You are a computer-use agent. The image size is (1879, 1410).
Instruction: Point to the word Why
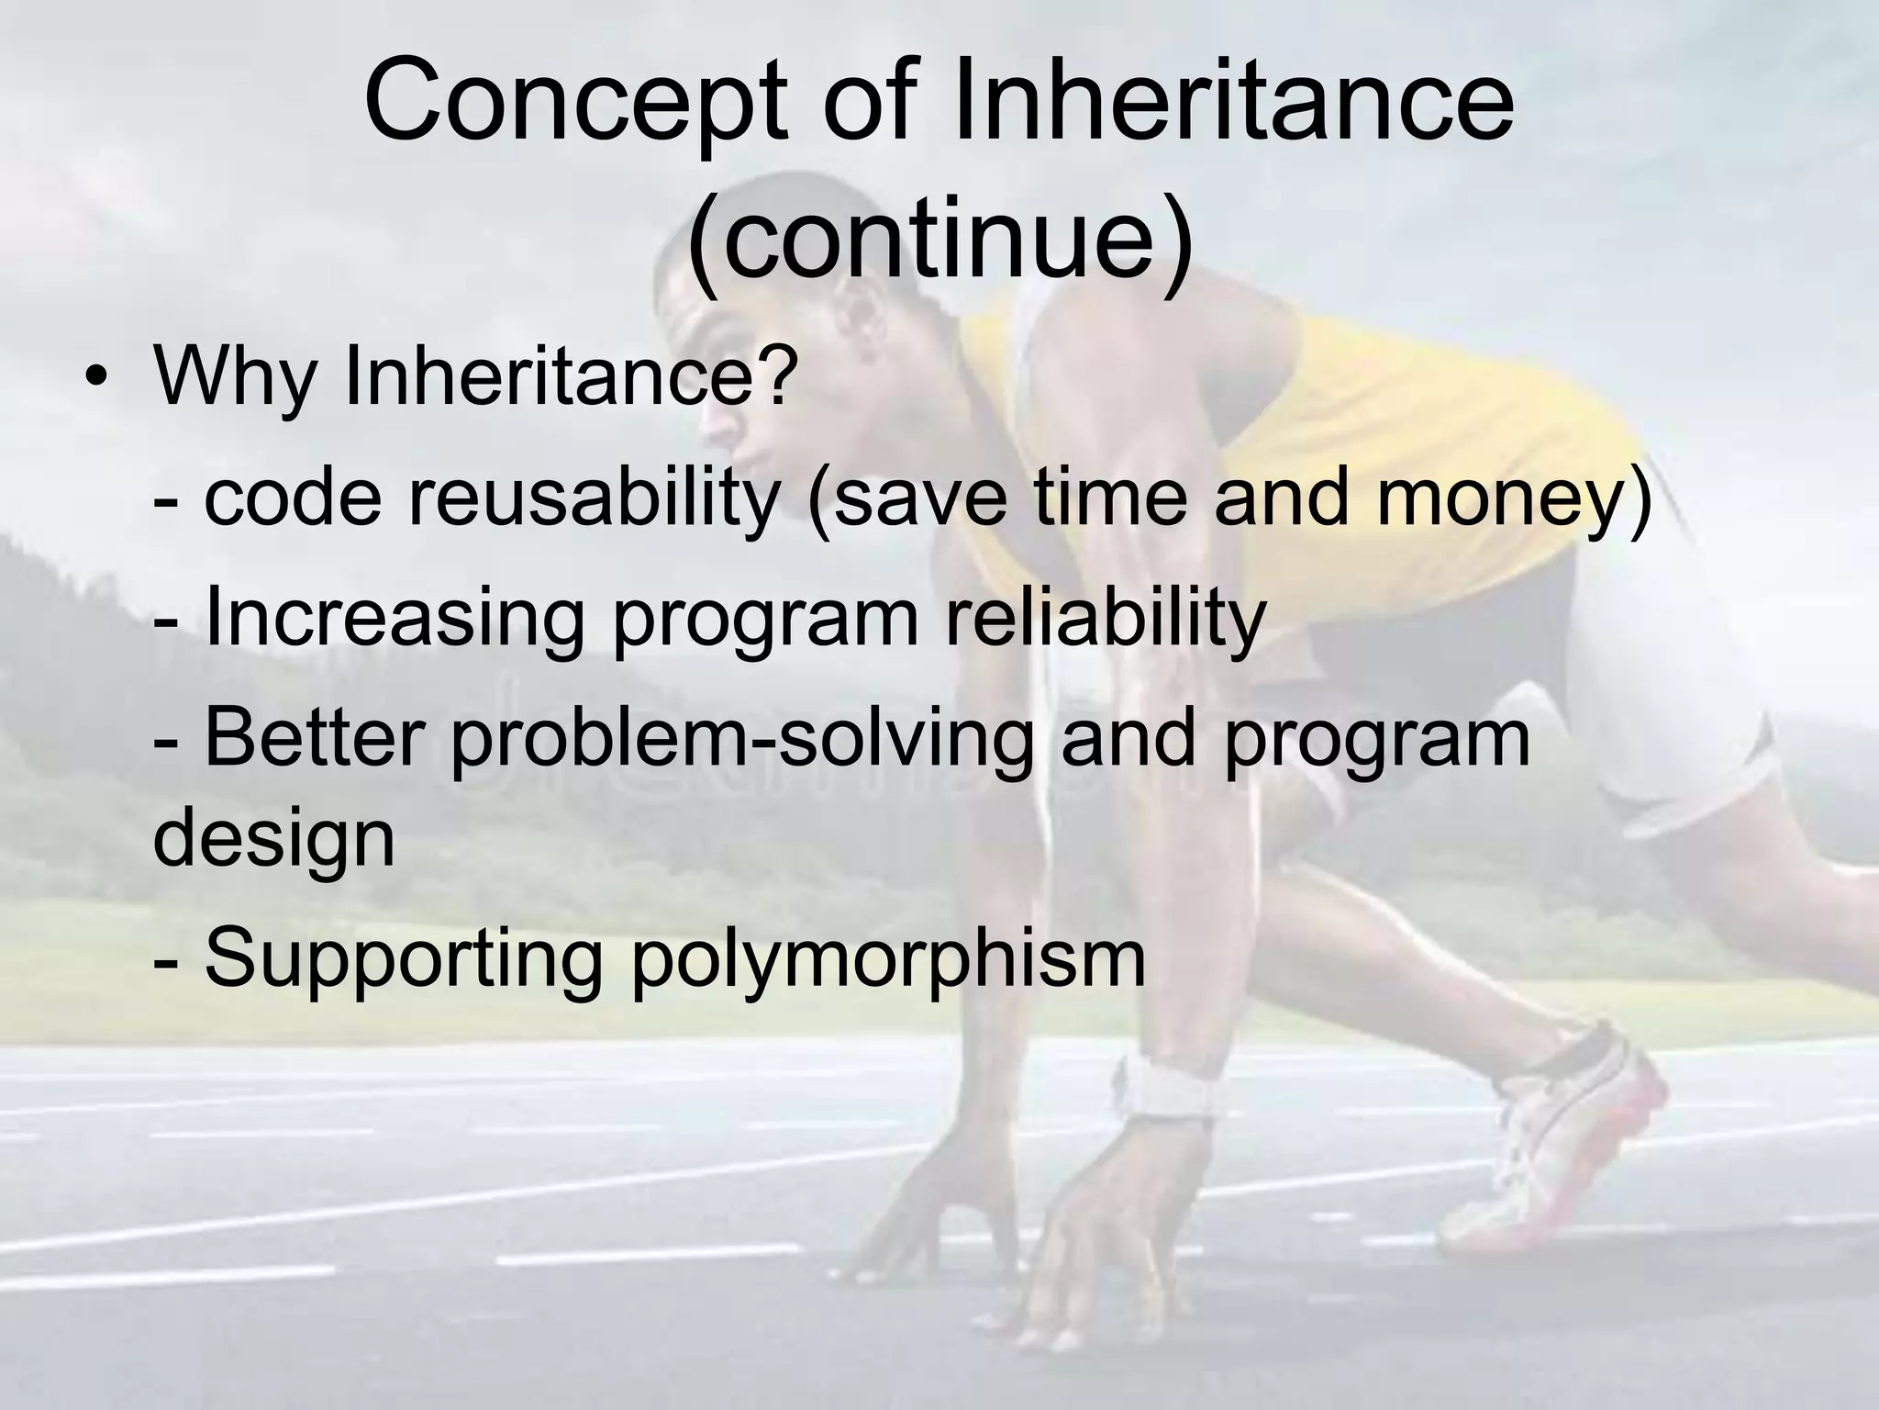point(235,376)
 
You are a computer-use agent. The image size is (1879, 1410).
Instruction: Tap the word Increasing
point(395,617)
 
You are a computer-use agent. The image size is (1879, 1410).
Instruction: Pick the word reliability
point(1106,617)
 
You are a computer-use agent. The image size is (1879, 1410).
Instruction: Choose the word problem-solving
point(742,738)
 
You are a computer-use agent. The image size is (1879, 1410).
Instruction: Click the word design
point(273,839)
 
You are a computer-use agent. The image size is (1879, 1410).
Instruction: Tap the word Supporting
point(404,959)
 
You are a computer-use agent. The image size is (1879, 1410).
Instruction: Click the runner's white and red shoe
point(1560,1138)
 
